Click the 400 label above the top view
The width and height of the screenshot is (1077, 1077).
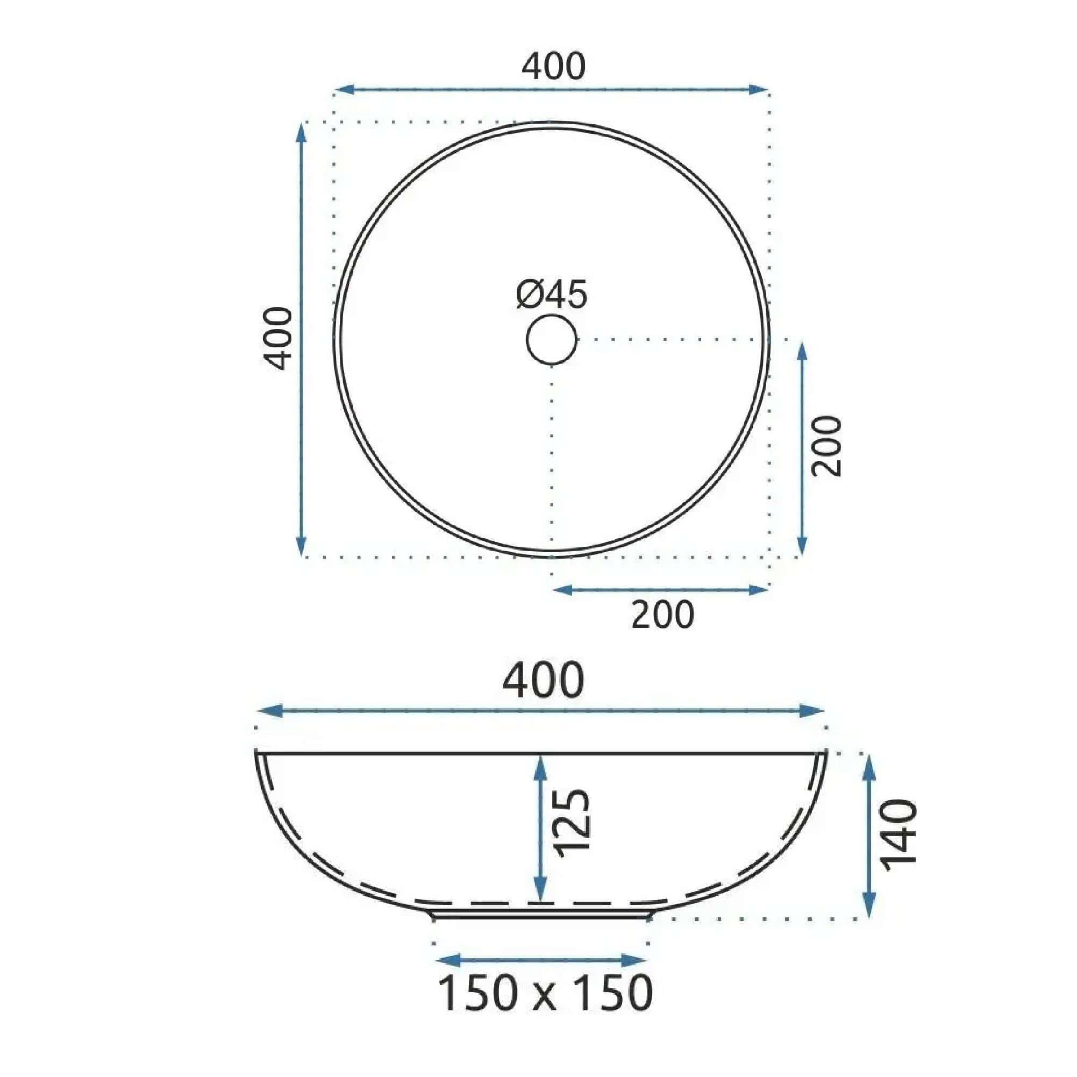(553, 66)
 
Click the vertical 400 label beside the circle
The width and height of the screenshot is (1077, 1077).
(277, 338)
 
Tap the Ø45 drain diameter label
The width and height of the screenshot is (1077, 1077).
(551, 295)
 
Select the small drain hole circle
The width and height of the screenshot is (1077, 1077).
(551, 339)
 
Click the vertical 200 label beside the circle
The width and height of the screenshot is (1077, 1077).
(825, 446)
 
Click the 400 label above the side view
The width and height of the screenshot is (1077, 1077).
(543, 681)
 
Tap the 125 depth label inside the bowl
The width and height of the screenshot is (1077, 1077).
(572, 822)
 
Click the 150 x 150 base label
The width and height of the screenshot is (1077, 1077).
(544, 993)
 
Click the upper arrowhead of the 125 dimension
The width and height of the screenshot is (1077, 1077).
(540, 764)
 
